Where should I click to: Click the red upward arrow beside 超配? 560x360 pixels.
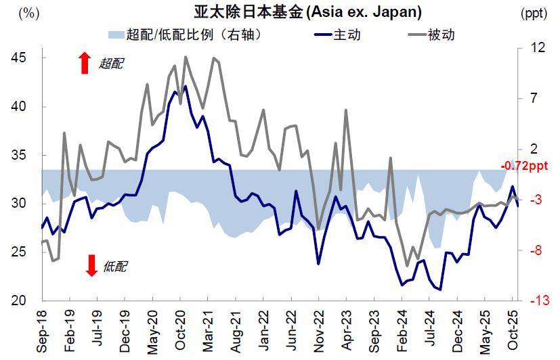(x=85, y=63)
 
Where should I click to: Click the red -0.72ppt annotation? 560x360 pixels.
(x=525, y=166)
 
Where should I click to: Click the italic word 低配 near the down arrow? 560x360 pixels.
(x=114, y=267)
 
